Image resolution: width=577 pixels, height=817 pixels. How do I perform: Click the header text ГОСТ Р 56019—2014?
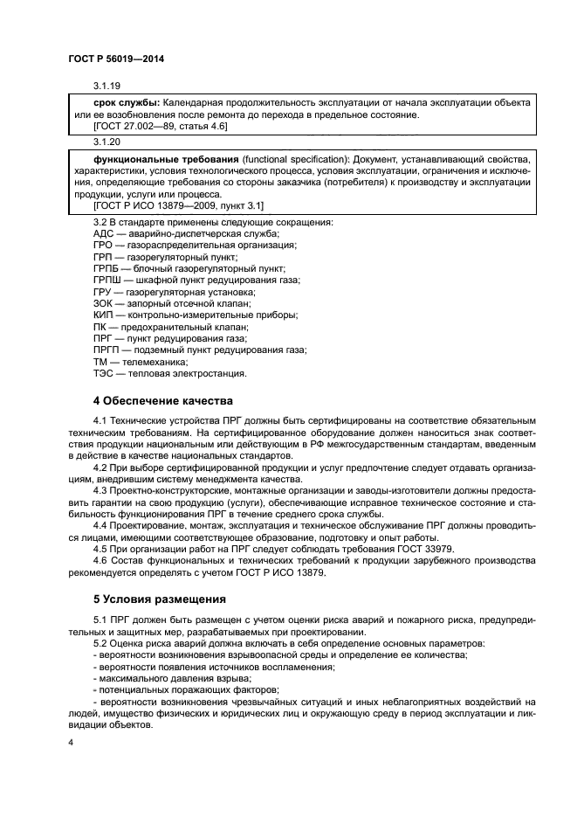tap(115, 59)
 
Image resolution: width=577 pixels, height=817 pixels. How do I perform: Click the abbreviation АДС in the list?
tap(104, 234)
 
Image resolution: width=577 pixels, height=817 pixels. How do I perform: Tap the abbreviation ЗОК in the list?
tap(104, 303)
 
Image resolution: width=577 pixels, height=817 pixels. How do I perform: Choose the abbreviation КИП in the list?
tap(104, 315)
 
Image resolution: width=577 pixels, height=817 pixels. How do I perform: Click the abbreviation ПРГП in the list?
tap(106, 350)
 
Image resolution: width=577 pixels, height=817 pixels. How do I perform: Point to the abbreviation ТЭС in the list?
tap(104, 372)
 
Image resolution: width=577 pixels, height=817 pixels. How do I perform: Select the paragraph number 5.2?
tap(100, 643)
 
